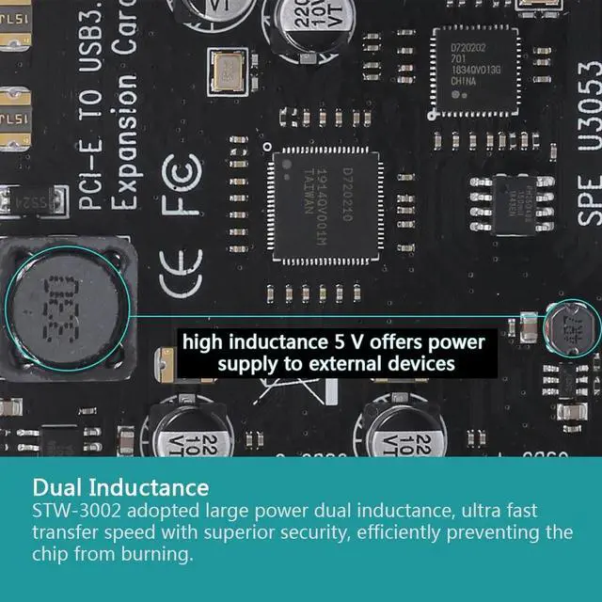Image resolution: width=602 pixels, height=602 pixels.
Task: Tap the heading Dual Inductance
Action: tap(120, 488)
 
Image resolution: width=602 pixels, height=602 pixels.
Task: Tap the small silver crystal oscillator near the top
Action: tap(230, 68)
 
